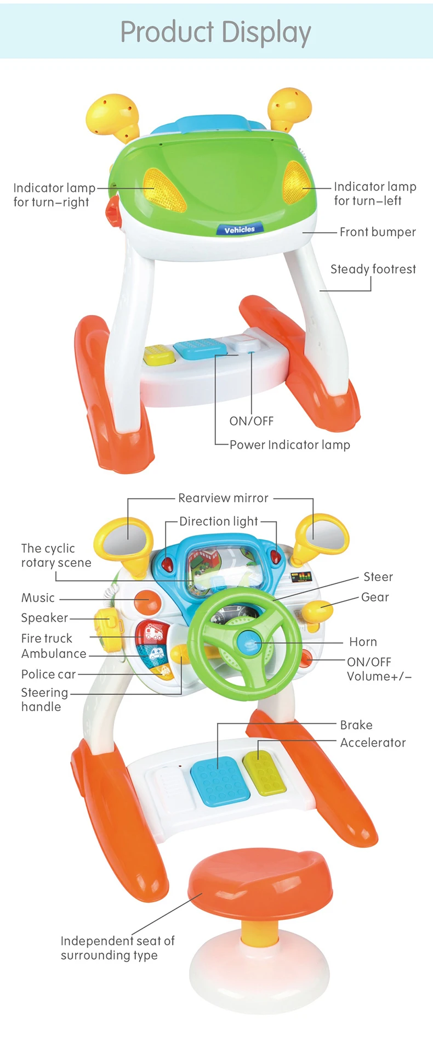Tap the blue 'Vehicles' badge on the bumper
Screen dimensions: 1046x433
240,230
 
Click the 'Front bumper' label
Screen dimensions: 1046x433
377,232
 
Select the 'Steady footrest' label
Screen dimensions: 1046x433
373,269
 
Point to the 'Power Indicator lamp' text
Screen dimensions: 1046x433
289,445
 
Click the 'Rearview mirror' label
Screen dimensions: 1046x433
223,498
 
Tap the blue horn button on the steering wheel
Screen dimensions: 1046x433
250,639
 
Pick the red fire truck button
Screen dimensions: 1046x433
151,633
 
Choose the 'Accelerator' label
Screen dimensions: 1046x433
373,743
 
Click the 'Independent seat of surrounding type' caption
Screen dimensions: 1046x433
117,948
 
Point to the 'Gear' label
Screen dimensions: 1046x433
375,597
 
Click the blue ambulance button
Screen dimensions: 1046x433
153,653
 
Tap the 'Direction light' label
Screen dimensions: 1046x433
219,521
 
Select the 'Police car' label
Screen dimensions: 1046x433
48,674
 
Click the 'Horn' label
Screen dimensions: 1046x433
363,642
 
